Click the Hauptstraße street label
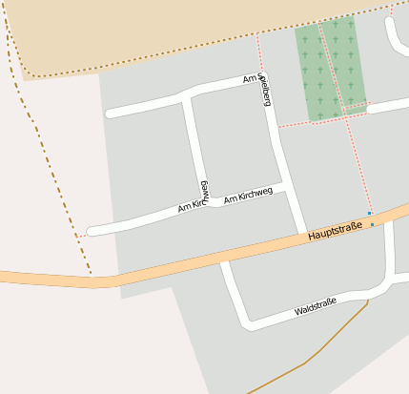(336, 230)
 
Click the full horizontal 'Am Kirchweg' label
(248, 196)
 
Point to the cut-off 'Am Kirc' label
(192, 205)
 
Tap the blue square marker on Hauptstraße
(373, 224)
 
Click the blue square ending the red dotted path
(369, 213)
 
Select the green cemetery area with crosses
(330, 72)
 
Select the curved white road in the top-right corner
(393, 38)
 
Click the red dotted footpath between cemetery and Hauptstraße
(363, 162)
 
